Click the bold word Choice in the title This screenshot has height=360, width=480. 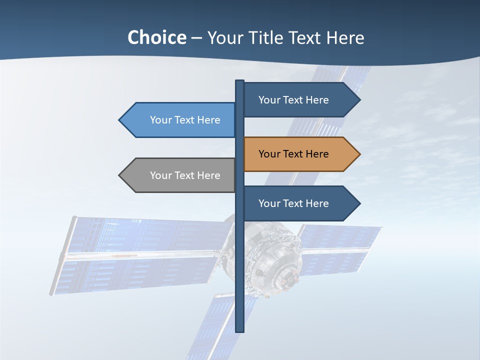coord(156,37)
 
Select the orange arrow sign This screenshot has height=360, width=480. coord(300,154)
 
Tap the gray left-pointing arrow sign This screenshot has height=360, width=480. coord(180,175)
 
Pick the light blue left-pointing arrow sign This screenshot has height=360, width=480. coord(180,120)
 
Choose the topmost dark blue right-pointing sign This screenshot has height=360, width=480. coord(300,100)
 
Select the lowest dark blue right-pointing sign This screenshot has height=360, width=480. coord(300,203)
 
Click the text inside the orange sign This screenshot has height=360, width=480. coord(293,154)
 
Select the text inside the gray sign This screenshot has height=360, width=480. coord(185,175)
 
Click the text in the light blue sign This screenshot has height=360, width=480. coord(185,120)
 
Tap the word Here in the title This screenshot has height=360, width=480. coord(345,37)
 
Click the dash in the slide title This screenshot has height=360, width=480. coord(196,38)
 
